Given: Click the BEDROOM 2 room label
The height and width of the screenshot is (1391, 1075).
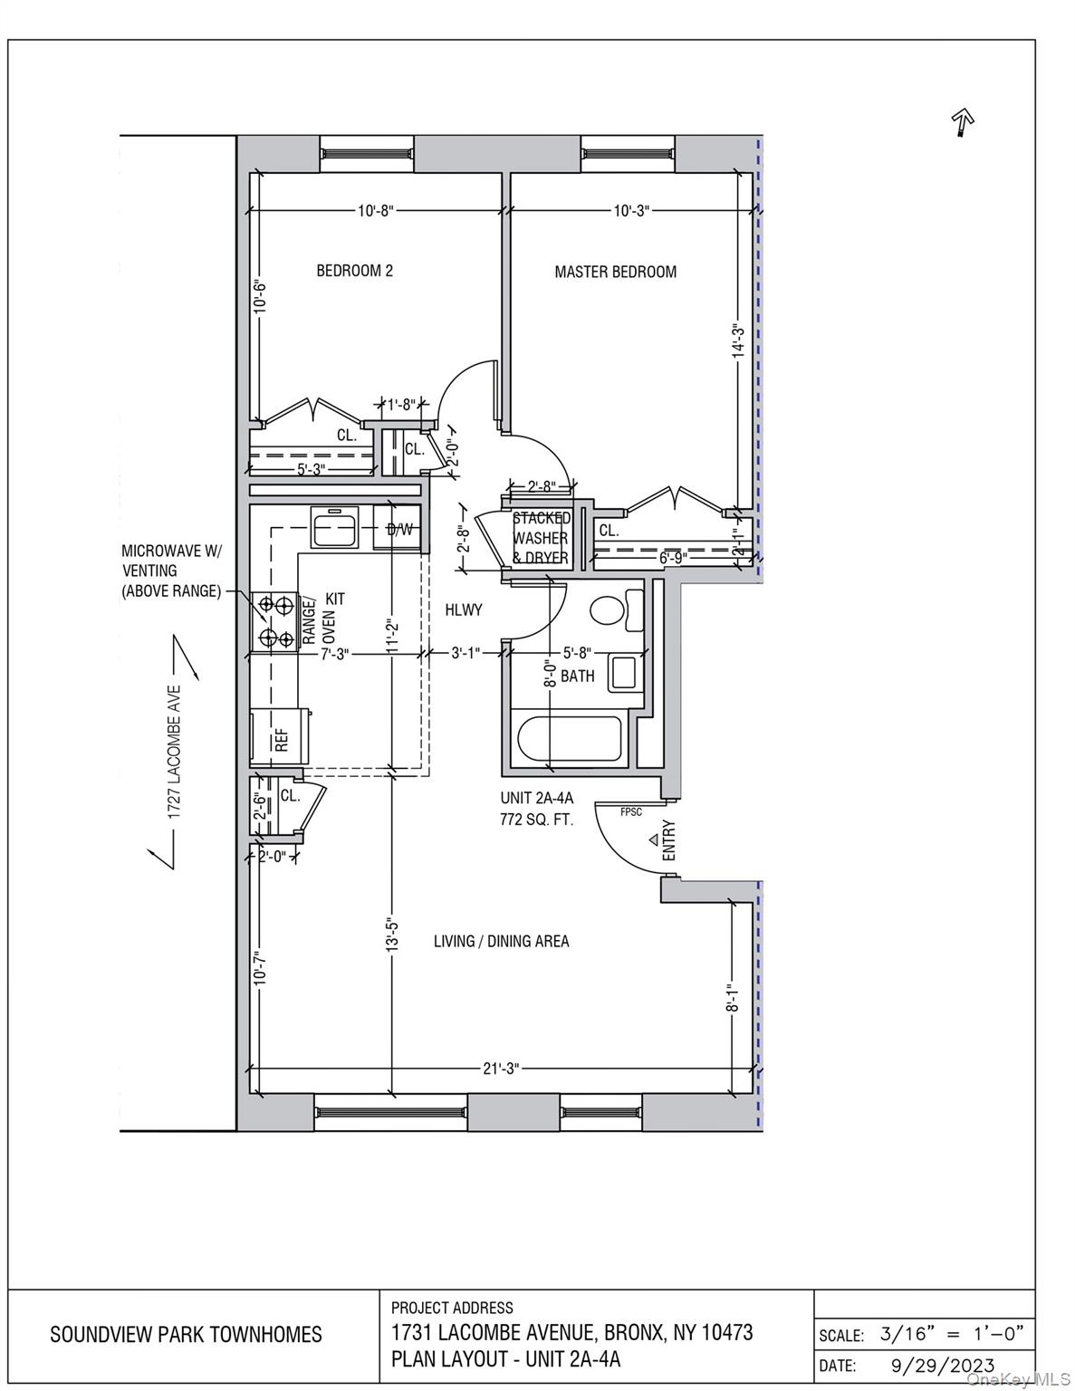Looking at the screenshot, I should coord(354,271).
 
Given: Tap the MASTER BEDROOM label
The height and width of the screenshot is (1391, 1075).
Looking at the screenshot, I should coord(615,272).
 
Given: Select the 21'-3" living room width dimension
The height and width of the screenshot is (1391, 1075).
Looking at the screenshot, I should coord(500,1069).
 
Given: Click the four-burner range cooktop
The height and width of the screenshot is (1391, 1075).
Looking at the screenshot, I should coord(274,621).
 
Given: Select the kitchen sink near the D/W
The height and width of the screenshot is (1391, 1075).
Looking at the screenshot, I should coord(336,528).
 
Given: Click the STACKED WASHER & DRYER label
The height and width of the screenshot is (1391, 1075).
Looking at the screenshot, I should coord(542,538).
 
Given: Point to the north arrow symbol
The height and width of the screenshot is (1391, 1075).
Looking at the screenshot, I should coord(961,121).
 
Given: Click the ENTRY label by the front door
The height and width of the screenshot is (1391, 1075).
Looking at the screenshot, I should coord(669,840).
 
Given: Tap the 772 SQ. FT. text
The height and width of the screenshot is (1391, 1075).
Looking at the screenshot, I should coord(537,820).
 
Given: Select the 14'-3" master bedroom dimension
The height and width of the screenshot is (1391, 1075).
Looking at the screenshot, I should coord(738,341).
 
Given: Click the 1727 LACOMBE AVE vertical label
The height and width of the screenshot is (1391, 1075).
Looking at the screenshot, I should coord(176,752).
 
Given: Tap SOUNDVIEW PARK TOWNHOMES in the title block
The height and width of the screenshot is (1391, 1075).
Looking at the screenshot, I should coord(186,1335).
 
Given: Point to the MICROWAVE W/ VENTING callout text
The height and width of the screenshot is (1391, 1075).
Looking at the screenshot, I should coord(171,571).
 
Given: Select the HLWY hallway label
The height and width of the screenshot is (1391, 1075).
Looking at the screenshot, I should coord(464,610).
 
